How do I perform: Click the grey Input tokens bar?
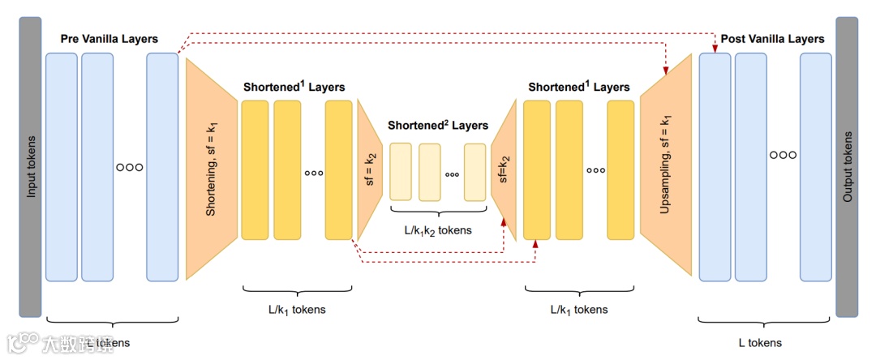click(30, 166)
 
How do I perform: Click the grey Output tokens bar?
click(847, 166)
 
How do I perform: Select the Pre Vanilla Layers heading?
click(109, 39)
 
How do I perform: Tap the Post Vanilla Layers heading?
click(772, 39)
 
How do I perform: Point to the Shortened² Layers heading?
click(438, 126)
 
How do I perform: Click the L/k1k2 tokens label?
click(438, 230)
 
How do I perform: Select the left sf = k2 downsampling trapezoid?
click(369, 170)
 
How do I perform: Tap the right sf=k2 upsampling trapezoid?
click(504, 170)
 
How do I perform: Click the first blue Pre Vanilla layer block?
click(62, 167)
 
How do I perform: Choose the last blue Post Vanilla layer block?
click(816, 167)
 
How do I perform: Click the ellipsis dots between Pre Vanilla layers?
click(130, 168)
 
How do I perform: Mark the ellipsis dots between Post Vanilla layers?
click(783, 154)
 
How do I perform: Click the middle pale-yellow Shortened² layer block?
click(430, 172)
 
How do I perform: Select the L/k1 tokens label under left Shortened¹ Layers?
click(297, 309)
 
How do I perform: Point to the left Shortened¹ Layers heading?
click(294, 87)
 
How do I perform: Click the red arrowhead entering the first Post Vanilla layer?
click(715, 50)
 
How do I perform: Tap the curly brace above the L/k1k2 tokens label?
click(438, 212)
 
